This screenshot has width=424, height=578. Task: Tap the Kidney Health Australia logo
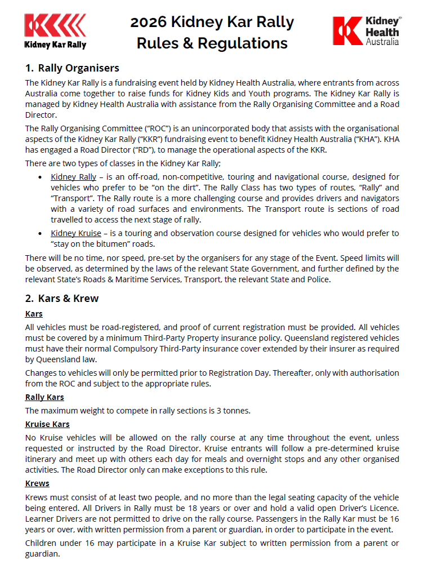click(367, 30)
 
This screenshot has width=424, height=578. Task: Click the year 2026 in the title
click(148, 23)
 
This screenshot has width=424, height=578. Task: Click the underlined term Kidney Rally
click(74, 177)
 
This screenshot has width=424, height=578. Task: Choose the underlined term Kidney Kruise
click(76, 233)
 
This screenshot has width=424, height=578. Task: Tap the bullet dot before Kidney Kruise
click(39, 233)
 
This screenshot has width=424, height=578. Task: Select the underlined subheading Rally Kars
click(44, 398)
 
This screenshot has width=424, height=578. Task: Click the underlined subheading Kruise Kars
click(47, 424)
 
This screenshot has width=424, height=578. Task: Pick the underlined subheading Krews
click(37, 483)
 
